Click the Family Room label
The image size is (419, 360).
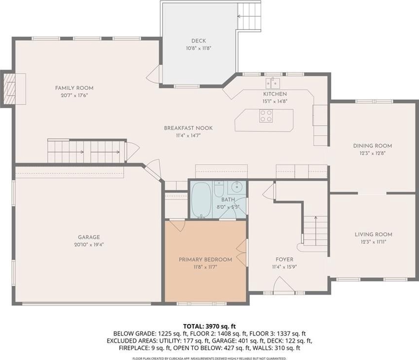74,88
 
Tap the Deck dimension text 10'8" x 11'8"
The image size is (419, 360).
199,49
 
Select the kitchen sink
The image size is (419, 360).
273,83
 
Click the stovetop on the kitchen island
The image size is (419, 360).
266,116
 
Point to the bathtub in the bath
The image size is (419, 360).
202,200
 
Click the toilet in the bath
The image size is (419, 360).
219,189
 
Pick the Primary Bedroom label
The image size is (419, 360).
205,260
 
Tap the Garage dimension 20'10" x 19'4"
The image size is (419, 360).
89,245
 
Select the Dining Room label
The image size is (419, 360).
372,146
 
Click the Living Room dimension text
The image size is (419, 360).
373,242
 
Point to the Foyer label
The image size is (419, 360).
285,259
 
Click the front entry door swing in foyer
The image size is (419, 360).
284,284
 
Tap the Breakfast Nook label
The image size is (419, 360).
188,128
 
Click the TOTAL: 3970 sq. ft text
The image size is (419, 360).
209,326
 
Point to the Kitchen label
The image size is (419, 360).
275,94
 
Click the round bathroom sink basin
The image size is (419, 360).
236,187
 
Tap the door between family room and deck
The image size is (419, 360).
155,74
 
